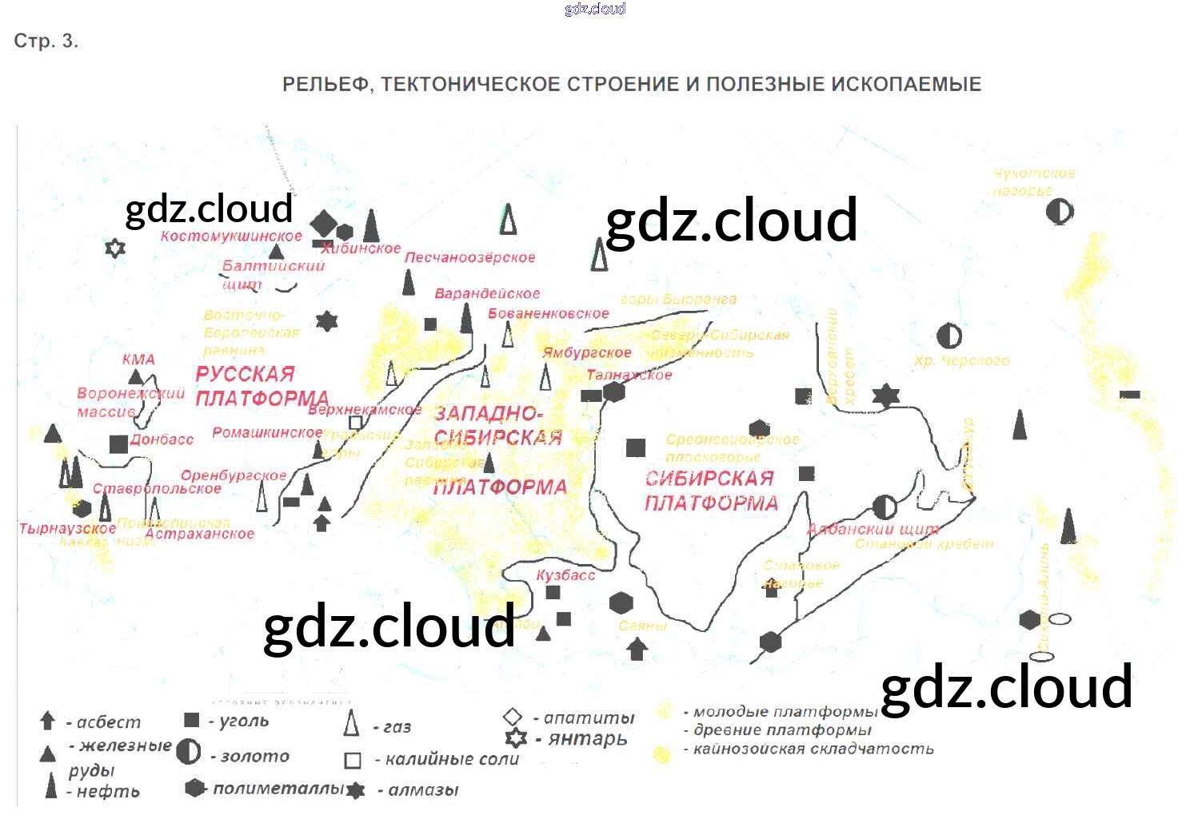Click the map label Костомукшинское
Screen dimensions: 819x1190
tap(231, 236)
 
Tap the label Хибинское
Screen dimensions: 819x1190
tap(361, 248)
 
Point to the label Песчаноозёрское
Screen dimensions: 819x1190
tap(469, 257)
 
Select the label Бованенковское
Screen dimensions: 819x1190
tap(549, 313)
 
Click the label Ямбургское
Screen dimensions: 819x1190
tap(587, 352)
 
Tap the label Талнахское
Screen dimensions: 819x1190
tap(629, 375)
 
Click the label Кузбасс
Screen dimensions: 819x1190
tap(565, 574)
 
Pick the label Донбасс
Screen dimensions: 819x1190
tap(162, 439)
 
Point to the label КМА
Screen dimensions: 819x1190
tap(138, 360)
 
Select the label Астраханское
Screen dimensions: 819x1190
tap(200, 534)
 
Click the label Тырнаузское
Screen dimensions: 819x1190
tap(68, 528)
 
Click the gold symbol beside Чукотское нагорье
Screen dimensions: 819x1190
tap(1060, 212)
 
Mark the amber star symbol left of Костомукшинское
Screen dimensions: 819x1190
tap(115, 248)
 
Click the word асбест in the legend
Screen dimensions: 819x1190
tap(108, 722)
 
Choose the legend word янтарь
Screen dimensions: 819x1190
tap(588, 738)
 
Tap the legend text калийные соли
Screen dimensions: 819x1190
tap(452, 759)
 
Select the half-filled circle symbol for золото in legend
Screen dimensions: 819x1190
tap(189, 752)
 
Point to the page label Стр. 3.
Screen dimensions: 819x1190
tap(46, 42)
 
